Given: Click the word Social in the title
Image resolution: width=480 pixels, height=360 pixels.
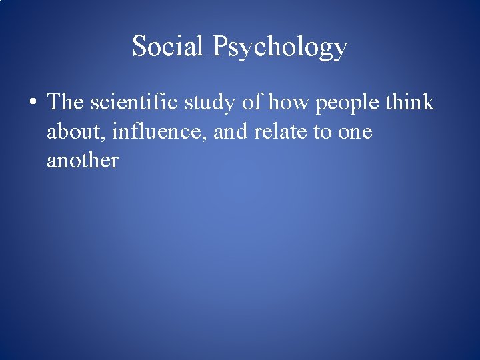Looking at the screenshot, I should [x=168, y=46].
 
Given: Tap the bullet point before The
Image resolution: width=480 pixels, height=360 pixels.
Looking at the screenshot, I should [x=32, y=104].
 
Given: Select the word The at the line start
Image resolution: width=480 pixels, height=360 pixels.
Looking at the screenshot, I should [x=65, y=102].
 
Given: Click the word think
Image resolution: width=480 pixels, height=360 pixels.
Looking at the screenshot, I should [x=410, y=102].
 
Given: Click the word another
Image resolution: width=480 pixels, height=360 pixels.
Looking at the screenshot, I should [x=82, y=161].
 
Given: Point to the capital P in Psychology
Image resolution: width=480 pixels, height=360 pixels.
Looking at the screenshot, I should [x=221, y=45].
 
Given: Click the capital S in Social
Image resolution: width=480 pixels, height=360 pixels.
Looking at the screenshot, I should [x=140, y=46].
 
